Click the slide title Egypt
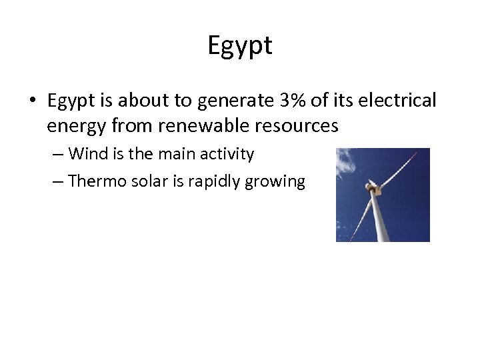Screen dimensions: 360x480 pyautogui.click(x=240, y=45)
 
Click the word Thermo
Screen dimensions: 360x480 pyautogui.click(x=94, y=181)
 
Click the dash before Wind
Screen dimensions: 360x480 pyautogui.click(x=57, y=155)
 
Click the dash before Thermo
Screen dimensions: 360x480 pyautogui.click(x=57, y=181)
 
